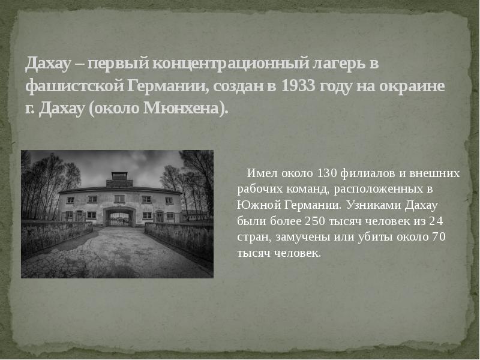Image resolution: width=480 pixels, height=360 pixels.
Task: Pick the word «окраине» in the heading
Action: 415,86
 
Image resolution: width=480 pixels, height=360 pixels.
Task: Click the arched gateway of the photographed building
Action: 119,217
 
